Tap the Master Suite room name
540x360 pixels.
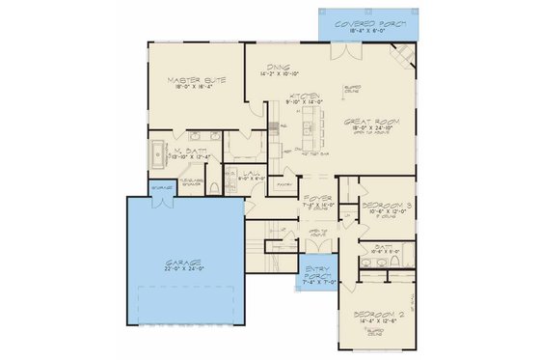coord(196,80)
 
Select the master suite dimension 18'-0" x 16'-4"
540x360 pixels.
coord(196,89)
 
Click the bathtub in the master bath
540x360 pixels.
coord(157,152)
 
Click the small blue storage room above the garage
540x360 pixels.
coord(162,187)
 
